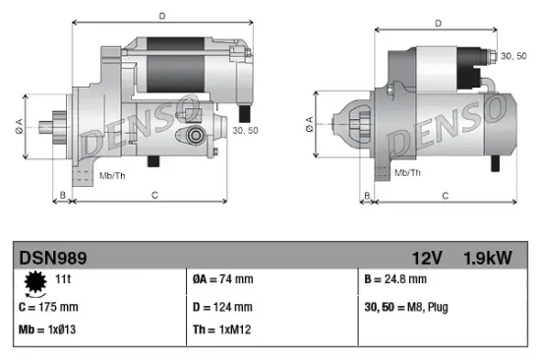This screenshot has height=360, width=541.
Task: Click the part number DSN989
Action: tap(53, 258)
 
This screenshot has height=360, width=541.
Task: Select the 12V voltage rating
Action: tap(429, 258)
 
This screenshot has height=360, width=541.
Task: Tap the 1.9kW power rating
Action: tap(488, 258)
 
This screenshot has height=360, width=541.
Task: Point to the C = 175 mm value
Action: tap(52, 308)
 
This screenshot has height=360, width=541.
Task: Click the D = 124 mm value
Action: tap(224, 308)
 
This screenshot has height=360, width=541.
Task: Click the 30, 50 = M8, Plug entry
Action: tap(406, 308)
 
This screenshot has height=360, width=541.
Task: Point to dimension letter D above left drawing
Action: tap(161, 15)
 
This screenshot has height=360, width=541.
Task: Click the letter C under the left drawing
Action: tap(155, 195)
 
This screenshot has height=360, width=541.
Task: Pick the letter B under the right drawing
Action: tap(367, 195)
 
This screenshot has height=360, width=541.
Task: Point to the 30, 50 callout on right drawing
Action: tap(513, 58)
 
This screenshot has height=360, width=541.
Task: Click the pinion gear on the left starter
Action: tap(54, 128)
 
